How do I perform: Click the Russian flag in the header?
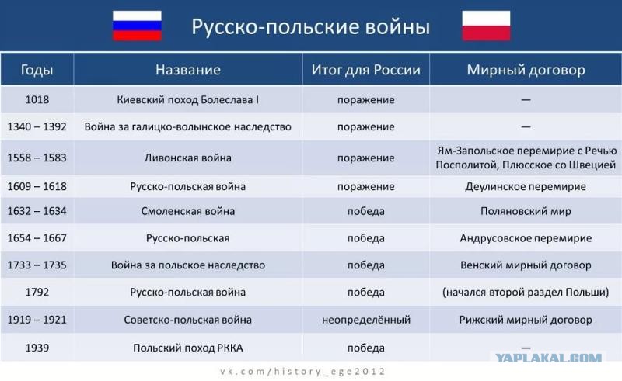[x=137, y=26]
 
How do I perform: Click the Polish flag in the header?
[x=486, y=26]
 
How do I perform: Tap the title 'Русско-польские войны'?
[x=310, y=27]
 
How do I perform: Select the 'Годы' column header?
[x=37, y=70]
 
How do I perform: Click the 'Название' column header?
[x=188, y=70]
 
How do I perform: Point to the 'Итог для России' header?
[x=365, y=70]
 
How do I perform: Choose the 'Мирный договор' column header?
[x=526, y=70]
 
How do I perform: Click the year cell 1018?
[x=37, y=99]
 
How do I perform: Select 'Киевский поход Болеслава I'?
[x=187, y=99]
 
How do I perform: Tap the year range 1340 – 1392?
[x=37, y=126]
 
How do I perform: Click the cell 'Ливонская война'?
[x=187, y=158]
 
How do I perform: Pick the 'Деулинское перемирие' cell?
[x=526, y=186]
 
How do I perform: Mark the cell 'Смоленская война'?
[x=187, y=211]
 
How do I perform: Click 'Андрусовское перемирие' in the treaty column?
[x=526, y=238]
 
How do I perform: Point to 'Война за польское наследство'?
[x=187, y=265]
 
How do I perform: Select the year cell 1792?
[x=37, y=292]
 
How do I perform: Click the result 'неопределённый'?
[x=365, y=320]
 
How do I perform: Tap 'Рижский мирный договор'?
[x=526, y=320]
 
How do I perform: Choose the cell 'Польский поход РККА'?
[x=187, y=348]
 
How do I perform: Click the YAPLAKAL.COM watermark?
[x=549, y=358]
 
